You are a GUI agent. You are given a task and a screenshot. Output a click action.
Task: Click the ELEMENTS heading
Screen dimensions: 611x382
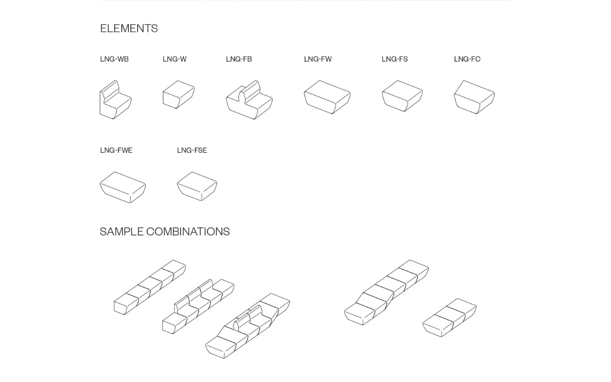(129, 28)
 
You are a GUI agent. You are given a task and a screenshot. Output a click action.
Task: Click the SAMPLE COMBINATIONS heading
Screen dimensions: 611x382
(165, 232)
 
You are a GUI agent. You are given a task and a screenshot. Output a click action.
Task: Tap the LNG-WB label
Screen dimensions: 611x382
(114, 59)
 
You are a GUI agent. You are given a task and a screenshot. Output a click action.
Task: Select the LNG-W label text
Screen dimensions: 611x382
(175, 59)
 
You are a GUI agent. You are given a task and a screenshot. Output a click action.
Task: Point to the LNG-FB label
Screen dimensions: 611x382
(239, 59)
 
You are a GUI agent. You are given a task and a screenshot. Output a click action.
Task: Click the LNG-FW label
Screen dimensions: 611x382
(318, 59)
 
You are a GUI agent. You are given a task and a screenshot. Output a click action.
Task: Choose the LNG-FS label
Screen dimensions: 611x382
(395, 59)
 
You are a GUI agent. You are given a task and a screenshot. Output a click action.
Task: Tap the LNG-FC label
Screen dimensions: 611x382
(467, 59)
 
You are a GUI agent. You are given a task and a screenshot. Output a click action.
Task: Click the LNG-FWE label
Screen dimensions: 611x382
(116, 150)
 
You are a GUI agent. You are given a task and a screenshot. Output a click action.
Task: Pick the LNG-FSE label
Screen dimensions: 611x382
(192, 150)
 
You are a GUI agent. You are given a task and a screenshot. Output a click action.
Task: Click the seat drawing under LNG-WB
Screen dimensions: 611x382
(116, 100)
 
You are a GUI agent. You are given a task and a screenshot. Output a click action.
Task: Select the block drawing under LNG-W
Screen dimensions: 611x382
(179, 95)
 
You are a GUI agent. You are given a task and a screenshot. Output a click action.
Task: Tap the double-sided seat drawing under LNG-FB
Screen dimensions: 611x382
(249, 100)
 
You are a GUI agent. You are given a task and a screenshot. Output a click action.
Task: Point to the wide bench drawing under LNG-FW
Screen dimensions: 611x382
(327, 97)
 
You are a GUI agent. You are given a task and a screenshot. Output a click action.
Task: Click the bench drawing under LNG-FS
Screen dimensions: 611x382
(402, 96)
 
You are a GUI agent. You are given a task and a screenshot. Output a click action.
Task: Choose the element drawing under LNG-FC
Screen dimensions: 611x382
(474, 97)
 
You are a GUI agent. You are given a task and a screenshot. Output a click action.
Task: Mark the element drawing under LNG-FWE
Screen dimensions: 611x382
(123, 188)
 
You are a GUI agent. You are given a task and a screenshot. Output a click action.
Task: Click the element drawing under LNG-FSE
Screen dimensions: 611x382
(197, 186)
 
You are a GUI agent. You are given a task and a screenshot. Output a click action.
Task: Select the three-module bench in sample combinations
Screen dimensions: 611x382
(450, 318)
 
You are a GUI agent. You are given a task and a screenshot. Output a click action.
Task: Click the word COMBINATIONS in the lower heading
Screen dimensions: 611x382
(188, 232)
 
